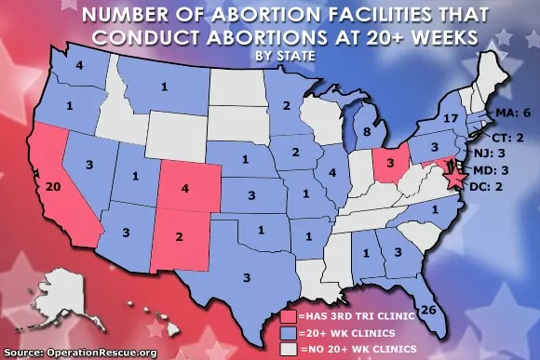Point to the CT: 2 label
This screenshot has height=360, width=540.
[503, 137]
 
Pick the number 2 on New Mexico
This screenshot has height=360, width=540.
[179, 235]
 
